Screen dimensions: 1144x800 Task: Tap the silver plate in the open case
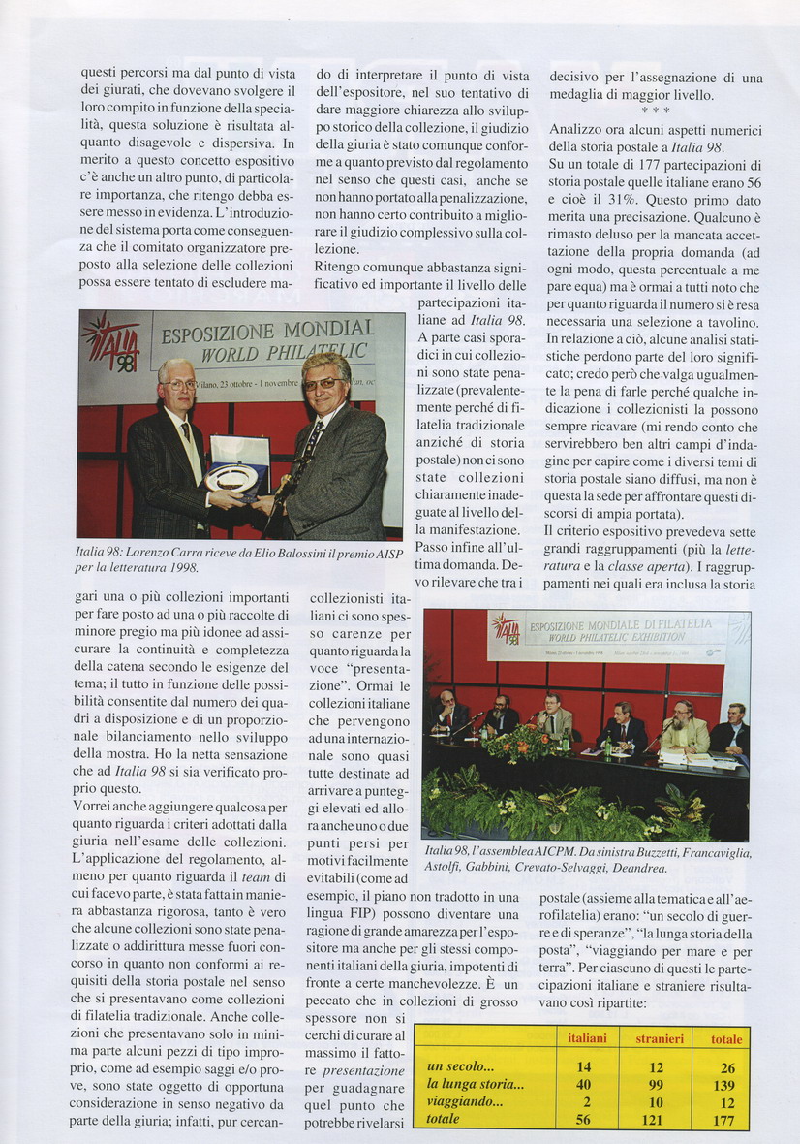233,478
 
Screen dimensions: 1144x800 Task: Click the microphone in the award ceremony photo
282,485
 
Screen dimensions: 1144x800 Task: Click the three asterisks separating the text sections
656,111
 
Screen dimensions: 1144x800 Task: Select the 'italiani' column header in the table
587,1038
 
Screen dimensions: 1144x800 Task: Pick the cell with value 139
723,1085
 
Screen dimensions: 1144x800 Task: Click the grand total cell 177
723,1120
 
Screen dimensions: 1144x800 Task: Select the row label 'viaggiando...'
465,1102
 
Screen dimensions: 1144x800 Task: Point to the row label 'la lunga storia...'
475,1085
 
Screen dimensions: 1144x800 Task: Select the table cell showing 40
583,1085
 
